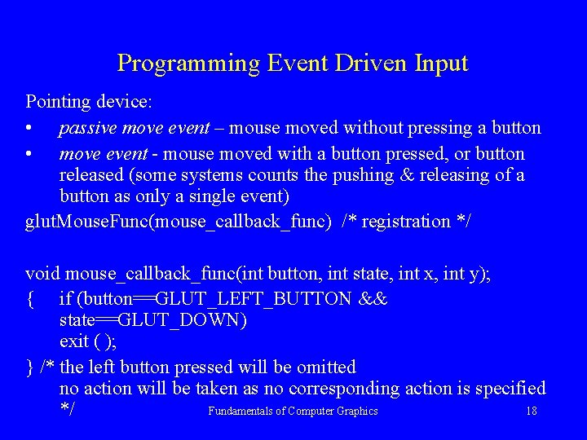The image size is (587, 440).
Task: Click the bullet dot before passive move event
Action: (29, 129)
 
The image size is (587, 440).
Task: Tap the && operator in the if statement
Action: (373, 298)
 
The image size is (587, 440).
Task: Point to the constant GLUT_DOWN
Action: (187, 320)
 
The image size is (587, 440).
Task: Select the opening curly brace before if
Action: (30, 298)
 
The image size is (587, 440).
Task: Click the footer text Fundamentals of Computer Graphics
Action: (293, 411)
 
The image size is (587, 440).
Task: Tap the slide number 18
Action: (532, 411)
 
